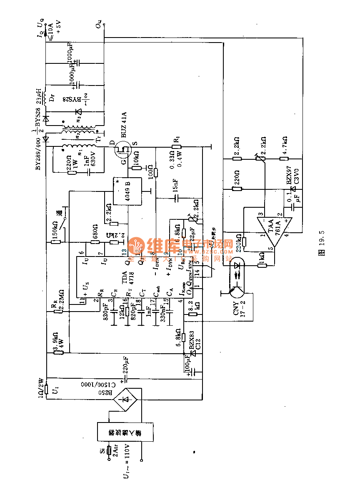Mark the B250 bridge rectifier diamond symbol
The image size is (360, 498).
127,400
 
